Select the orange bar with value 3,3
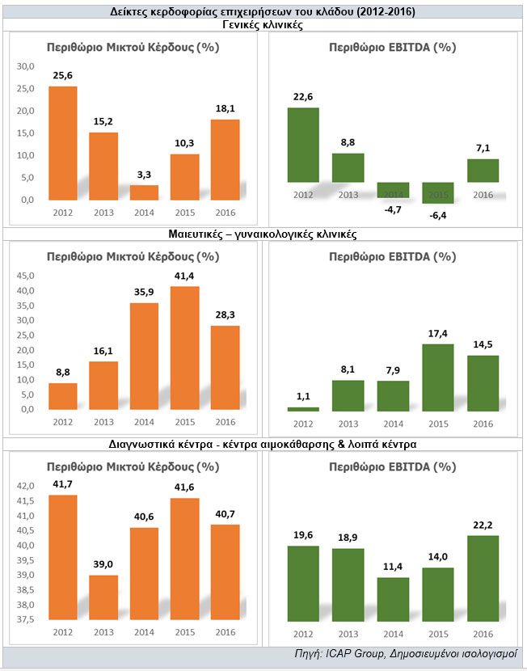pos(144,192)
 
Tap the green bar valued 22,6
pos(303,144)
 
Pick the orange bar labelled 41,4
pos(185,348)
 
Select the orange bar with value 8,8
pos(63,395)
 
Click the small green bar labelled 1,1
pos(303,409)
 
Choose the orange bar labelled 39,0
pos(103,597)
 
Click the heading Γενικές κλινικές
pos(263,25)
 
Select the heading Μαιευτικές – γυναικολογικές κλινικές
pos(263,234)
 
